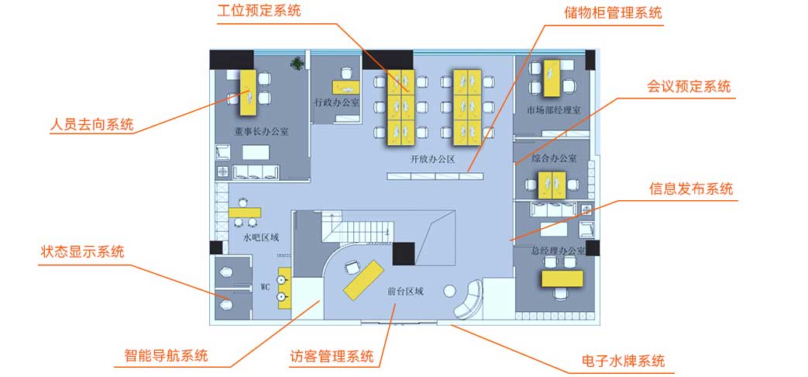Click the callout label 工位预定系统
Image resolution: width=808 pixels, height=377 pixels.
[x=259, y=12]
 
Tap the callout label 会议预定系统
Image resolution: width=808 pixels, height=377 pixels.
[x=689, y=87]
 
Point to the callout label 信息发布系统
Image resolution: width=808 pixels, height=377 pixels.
[x=690, y=188]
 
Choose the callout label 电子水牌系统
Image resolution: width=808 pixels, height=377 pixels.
[x=623, y=361]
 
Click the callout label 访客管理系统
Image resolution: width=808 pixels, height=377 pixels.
[x=332, y=357]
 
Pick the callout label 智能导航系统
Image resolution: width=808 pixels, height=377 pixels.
[x=166, y=357]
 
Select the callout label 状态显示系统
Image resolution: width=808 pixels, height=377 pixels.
[x=82, y=252]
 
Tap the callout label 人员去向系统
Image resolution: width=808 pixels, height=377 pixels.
[x=91, y=124]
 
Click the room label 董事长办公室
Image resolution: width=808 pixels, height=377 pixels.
[x=262, y=132]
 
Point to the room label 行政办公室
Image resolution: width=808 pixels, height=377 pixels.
[x=336, y=102]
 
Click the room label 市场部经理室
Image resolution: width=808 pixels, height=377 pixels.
[x=553, y=110]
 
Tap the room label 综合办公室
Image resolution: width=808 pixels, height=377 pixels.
[x=554, y=158]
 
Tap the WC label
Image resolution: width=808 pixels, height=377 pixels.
[x=264, y=285]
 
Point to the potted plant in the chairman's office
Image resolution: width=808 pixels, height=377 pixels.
[x=297, y=64]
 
